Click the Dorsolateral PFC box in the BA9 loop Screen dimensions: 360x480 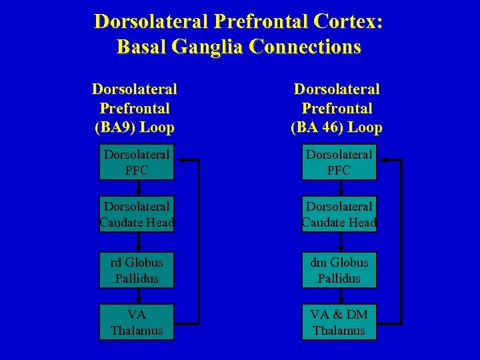pyautogui.click(x=137, y=162)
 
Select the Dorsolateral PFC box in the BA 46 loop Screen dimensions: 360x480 pyautogui.click(x=339, y=162)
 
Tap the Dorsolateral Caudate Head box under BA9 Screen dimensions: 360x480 pyautogui.click(x=137, y=214)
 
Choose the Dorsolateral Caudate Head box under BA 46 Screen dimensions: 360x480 pyautogui.click(x=339, y=214)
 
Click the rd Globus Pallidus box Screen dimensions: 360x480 pyautogui.click(x=137, y=270)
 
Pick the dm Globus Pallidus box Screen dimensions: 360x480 pyautogui.click(x=339, y=270)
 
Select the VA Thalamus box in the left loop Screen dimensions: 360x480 pyautogui.click(x=137, y=322)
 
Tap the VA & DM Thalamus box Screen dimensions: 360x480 pyautogui.click(x=339, y=322)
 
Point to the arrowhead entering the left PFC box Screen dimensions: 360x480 pyautogui.click(x=181, y=160)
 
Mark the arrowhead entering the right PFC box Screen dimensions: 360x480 pyautogui.click(x=383, y=160)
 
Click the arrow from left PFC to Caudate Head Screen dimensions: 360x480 pyautogui.click(x=137, y=188)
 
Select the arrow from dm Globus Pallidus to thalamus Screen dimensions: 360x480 pyautogui.click(x=339, y=296)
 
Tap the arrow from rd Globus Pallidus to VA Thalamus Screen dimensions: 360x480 pyautogui.click(x=137, y=296)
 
